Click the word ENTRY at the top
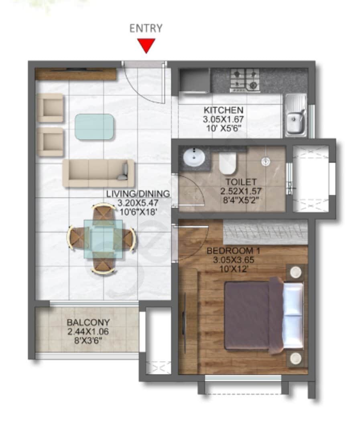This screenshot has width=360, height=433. coord(146,28)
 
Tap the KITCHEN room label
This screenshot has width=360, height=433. coord(223,110)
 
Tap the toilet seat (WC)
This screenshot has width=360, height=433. coord(228,163)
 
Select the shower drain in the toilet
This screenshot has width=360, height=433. coord(265,161)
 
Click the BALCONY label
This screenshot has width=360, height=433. coord(88,322)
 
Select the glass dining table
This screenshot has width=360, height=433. coord(103,239)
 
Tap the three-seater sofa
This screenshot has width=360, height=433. coord(98,173)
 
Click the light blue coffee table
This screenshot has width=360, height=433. coord(94,127)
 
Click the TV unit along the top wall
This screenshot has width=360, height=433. coord(75,74)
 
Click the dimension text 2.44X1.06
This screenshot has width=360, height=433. coord(88,332)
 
